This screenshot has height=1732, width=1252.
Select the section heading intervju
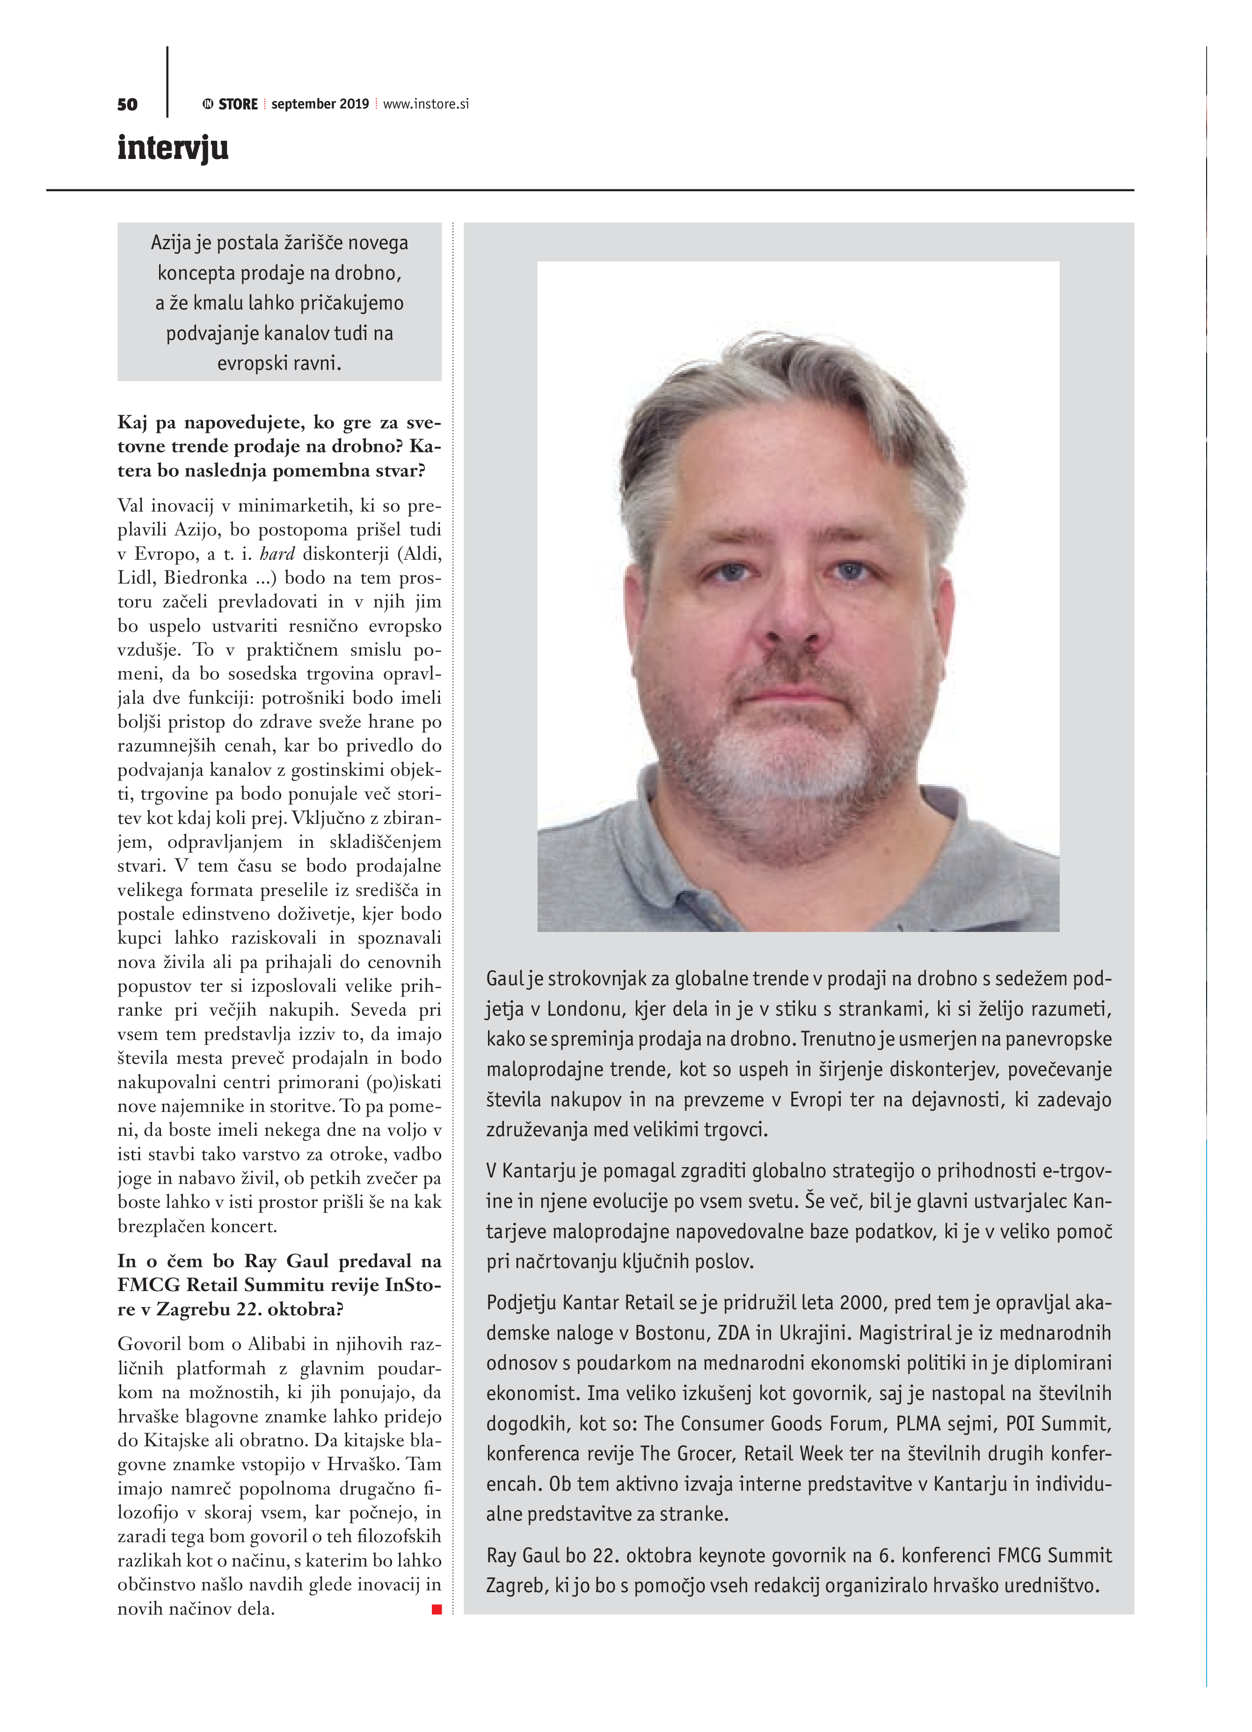click(173, 147)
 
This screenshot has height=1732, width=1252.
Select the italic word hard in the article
click(277, 554)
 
